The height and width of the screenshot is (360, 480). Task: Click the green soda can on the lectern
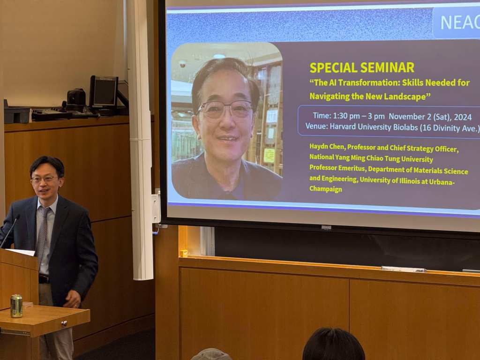tap(16, 306)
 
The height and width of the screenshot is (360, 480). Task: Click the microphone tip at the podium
tap(17, 217)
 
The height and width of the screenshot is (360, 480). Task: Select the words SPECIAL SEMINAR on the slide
tap(362, 67)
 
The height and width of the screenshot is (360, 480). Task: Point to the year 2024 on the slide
tap(463, 117)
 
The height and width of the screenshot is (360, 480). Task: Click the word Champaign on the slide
tap(325, 189)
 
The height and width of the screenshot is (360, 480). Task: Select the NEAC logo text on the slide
tap(460, 22)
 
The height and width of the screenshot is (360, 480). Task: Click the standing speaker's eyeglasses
tap(45, 179)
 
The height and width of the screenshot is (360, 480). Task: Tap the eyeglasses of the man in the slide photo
tap(225, 109)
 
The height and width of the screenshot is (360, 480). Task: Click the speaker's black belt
tap(44, 279)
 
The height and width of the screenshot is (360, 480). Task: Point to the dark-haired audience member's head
tap(333, 344)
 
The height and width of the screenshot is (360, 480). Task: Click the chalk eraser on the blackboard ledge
tap(404, 269)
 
